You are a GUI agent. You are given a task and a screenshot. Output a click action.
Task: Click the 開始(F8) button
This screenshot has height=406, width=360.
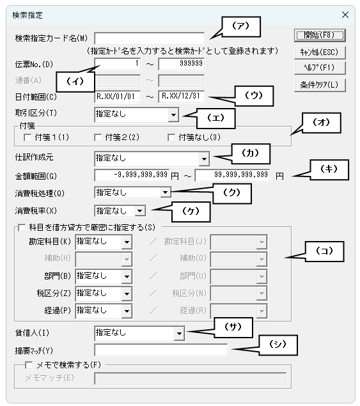(320, 35)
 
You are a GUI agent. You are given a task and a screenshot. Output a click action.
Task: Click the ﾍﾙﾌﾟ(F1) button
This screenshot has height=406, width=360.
(320, 68)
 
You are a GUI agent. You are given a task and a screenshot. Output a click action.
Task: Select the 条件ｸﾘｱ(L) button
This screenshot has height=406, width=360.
(320, 85)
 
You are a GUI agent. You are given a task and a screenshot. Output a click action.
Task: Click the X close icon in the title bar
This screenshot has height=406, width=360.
(345, 15)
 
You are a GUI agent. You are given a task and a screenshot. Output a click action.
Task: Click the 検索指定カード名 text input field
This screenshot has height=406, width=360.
(149, 38)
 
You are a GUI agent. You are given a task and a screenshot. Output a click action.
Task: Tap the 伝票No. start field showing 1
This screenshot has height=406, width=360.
(117, 64)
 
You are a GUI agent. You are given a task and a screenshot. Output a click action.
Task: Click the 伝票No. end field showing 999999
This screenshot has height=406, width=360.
(182, 64)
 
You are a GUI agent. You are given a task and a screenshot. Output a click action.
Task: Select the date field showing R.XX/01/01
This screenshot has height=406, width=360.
(117, 97)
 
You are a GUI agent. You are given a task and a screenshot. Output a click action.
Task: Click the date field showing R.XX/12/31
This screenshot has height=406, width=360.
(182, 97)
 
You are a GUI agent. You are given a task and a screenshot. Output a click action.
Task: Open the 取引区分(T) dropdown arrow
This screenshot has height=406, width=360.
(173, 114)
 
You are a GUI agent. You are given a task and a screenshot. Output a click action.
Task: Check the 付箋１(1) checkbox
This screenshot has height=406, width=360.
(27, 137)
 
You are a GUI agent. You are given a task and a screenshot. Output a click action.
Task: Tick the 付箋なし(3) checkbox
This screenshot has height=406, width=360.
(171, 137)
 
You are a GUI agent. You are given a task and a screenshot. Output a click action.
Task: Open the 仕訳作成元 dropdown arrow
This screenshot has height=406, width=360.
(204, 159)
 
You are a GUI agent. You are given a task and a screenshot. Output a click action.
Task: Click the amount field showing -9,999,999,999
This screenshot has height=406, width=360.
(132, 176)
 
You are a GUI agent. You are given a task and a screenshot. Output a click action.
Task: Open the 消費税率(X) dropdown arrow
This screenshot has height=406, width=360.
(140, 210)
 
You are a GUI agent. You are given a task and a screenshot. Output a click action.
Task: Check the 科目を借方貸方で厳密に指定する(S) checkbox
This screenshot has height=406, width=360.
(22, 228)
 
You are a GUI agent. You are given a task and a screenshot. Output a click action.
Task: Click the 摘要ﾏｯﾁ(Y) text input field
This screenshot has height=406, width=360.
(161, 350)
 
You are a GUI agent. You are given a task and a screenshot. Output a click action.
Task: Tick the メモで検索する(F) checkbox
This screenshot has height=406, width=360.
(29, 365)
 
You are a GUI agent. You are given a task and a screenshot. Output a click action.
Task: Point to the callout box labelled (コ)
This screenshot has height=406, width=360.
(325, 251)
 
